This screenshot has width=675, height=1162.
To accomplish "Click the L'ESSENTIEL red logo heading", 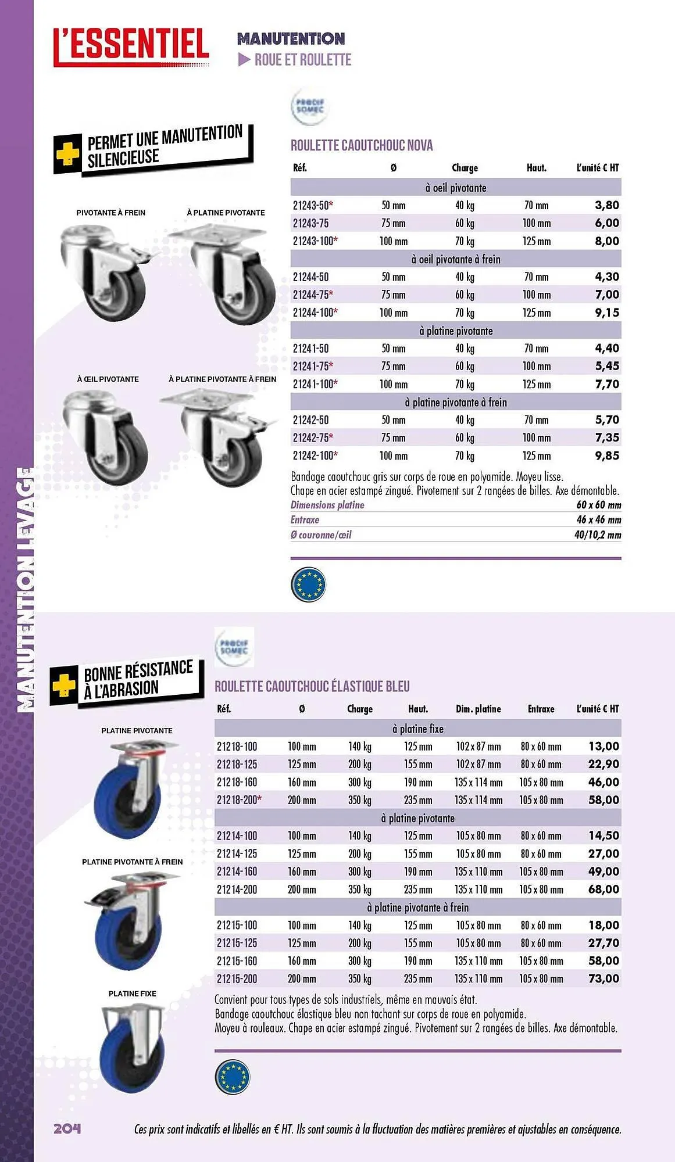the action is click(131, 45).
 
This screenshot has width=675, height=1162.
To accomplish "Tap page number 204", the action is click(67, 1128).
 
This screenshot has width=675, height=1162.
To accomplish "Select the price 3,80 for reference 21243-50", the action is click(606, 205).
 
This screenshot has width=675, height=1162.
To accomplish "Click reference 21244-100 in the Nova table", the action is click(315, 313).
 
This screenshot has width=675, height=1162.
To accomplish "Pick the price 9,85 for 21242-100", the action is click(606, 456).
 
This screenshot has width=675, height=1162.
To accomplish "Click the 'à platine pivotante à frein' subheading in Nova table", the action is click(456, 402).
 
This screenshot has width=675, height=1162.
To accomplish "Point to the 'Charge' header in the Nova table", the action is click(465, 168).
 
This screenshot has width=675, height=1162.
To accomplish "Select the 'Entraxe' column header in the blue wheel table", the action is click(541, 709).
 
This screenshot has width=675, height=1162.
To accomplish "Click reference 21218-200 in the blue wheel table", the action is click(238, 800).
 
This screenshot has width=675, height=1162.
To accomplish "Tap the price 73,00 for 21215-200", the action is click(603, 978).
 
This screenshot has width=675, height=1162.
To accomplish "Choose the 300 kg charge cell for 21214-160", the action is click(359, 871).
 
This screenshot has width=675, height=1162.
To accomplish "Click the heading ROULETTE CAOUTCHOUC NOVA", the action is click(362, 145).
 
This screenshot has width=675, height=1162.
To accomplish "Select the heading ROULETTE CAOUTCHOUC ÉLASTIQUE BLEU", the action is click(312, 686).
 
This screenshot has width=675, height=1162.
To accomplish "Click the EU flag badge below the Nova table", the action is click(308, 584).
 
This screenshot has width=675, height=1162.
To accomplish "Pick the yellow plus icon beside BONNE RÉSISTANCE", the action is click(64, 686).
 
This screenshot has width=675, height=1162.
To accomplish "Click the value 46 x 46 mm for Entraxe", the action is click(598, 520).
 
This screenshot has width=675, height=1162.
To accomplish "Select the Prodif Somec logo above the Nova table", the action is click(310, 107).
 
